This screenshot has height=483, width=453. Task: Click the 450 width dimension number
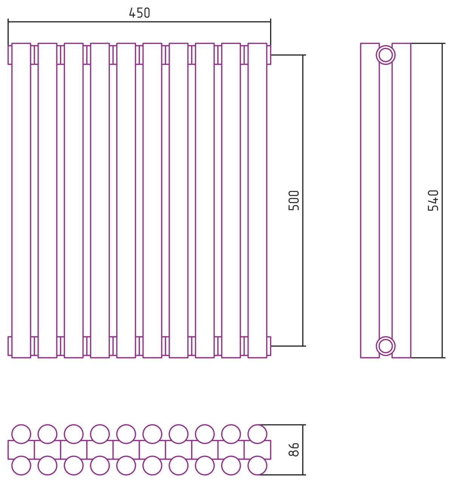(x=139, y=13)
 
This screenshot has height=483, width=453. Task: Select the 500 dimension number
(x=294, y=200)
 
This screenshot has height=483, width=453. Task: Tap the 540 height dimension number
(x=433, y=200)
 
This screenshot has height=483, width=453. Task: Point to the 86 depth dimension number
(x=294, y=449)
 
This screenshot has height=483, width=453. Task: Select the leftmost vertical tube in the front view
(x=21, y=201)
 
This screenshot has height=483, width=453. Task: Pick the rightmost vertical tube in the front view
(x=257, y=201)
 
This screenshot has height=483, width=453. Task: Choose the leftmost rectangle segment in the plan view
(x=21, y=450)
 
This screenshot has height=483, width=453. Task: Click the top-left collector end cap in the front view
(x=10, y=55)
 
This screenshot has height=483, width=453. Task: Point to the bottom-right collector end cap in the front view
(x=269, y=346)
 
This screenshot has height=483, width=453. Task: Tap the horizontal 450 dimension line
(x=139, y=22)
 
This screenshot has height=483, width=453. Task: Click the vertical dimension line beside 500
(x=303, y=200)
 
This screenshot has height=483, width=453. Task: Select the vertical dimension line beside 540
(x=442, y=201)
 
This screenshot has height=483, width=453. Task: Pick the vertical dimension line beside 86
(x=303, y=450)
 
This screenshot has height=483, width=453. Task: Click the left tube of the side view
(x=370, y=201)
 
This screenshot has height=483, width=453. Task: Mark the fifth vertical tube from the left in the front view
(x=126, y=201)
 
